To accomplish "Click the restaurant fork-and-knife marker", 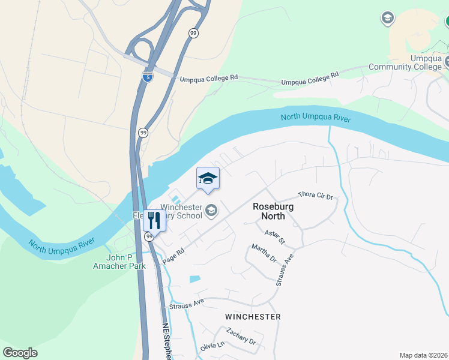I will click(x=154, y=221).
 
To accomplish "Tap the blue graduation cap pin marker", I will click(x=208, y=178).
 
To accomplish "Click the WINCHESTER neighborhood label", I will click(x=253, y=316).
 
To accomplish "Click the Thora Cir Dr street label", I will click(x=315, y=196).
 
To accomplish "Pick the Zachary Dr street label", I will click(x=241, y=336).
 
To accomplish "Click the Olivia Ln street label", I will click(x=212, y=347).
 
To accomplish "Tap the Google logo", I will click(x=20, y=353).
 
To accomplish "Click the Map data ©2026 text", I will click(x=423, y=355).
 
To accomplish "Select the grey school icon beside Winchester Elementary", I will click(x=211, y=210).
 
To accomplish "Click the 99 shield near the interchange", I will click(x=193, y=34).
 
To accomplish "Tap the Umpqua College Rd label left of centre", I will click(x=209, y=78).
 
